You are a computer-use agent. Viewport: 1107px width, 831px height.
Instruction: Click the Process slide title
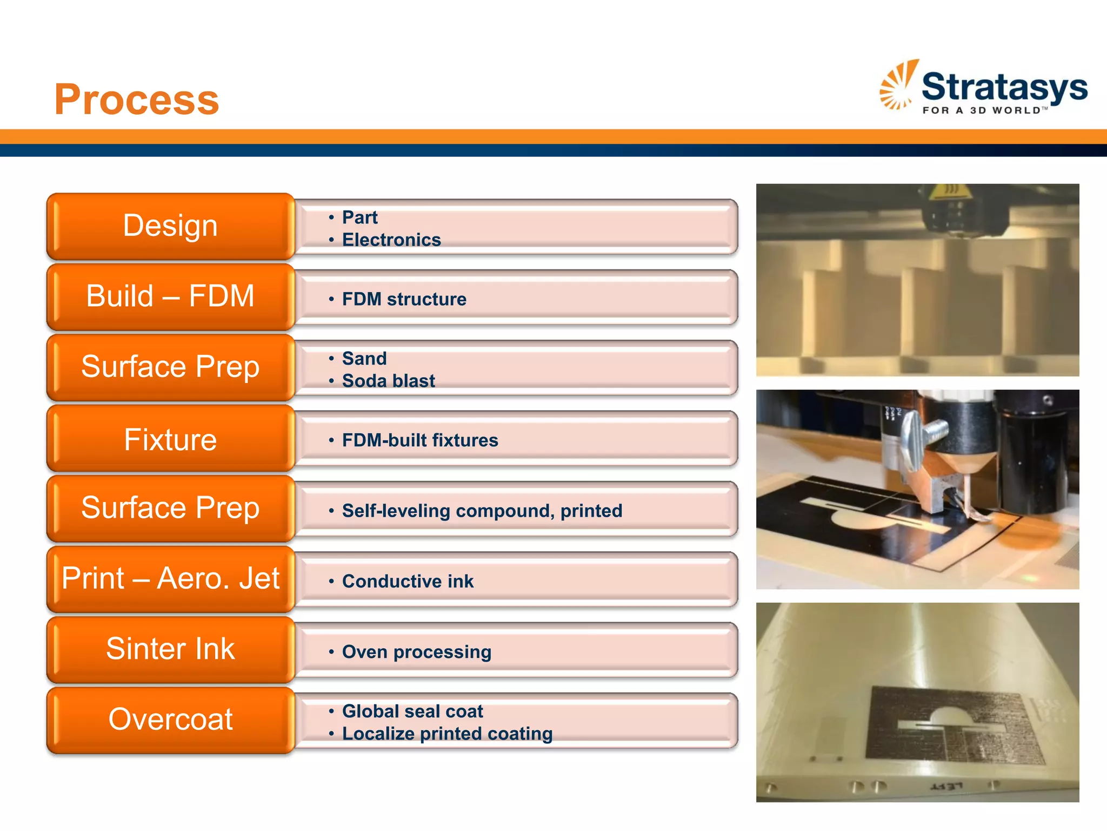[137, 100]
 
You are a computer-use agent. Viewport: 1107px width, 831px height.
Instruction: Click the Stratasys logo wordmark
[1004, 88]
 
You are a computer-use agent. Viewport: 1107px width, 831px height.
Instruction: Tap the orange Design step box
[170, 226]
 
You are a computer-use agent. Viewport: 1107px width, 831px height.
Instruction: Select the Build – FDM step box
[170, 296]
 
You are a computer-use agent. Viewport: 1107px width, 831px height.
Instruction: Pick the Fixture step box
[170, 439]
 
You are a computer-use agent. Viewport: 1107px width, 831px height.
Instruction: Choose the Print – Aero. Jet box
[170, 578]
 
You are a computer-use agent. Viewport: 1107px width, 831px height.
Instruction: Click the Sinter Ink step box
[170, 649]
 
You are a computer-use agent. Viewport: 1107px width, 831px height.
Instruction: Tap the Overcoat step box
[170, 720]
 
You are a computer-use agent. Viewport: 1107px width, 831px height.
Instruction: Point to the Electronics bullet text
[391, 240]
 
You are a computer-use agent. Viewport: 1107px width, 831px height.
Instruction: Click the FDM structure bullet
[404, 299]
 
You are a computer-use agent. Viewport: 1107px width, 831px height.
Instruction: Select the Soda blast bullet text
[388, 381]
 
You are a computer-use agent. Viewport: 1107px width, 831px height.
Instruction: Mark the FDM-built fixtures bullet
[420, 440]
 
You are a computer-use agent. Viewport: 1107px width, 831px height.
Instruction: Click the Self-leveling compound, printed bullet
[482, 511]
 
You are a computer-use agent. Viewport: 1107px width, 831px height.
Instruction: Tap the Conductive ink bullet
[408, 582]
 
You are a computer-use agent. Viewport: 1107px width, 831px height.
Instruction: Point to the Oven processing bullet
[416, 652]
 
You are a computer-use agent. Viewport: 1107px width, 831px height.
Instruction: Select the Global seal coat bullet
[412, 711]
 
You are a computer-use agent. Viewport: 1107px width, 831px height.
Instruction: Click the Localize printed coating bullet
[447, 734]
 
